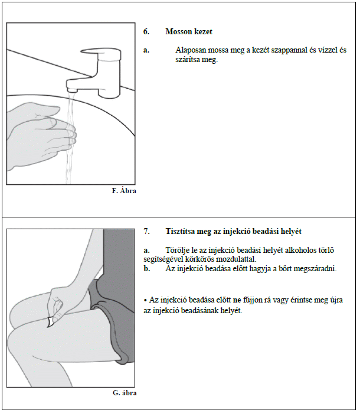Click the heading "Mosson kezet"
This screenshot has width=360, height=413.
[x=189, y=31]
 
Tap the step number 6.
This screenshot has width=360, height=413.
[x=146, y=31]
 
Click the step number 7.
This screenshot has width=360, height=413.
[x=146, y=231]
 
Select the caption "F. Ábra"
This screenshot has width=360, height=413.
[x=124, y=190]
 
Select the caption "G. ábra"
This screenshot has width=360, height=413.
[x=125, y=393]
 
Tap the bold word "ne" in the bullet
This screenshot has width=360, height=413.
[x=237, y=300]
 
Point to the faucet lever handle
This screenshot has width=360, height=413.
[x=100, y=53]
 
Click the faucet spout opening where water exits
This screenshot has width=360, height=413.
[x=72, y=91]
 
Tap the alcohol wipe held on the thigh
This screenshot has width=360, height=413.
[x=50, y=322]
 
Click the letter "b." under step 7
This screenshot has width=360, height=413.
[x=147, y=269]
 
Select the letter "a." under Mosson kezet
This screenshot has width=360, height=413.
[x=146, y=50]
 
